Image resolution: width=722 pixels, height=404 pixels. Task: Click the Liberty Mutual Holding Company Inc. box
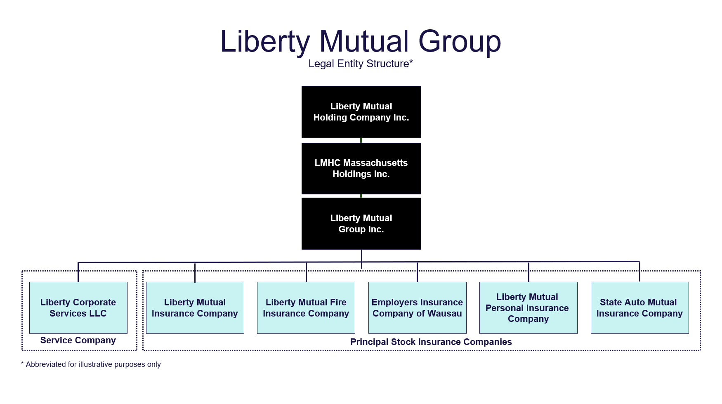361,112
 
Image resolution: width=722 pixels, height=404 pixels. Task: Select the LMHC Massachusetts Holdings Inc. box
361,168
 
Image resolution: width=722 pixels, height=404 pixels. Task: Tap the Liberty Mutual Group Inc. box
361,224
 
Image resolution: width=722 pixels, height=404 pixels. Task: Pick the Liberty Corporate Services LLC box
78,308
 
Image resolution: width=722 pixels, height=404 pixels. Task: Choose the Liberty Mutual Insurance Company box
195,308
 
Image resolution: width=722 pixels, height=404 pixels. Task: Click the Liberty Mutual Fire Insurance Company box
306,308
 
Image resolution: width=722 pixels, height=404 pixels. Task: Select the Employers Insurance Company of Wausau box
417,308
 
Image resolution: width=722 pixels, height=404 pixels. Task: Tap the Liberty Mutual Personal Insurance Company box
528,308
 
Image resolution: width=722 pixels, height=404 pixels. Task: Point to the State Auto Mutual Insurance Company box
639,308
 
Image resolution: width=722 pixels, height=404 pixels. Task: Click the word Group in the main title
460,42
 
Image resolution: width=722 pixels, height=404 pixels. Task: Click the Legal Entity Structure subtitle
359,64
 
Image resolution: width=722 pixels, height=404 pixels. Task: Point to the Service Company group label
78,340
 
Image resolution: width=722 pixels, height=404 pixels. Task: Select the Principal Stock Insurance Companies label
431,342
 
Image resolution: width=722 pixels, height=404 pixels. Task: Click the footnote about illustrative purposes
91,364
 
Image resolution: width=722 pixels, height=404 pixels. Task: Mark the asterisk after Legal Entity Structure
411,61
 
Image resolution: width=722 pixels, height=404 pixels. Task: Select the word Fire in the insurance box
337,302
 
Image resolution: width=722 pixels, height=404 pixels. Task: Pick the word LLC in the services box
98,314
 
